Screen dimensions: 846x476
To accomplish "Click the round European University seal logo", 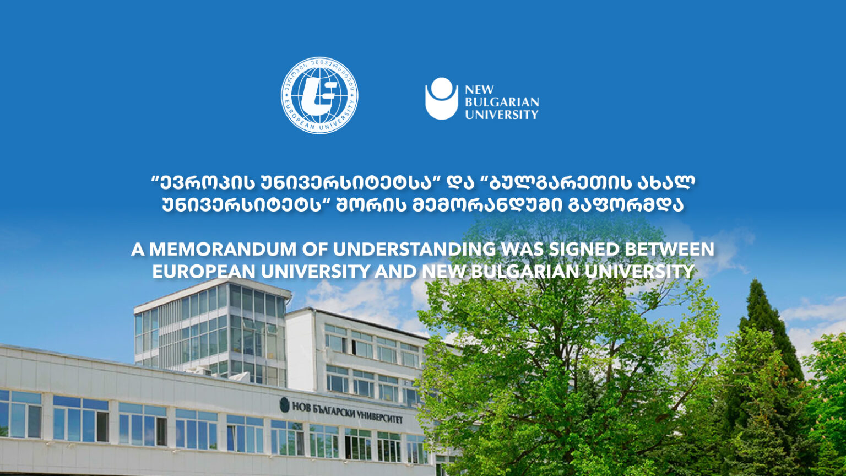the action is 319,95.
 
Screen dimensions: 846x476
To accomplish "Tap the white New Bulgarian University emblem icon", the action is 441,99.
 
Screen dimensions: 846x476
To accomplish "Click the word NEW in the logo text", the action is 479,90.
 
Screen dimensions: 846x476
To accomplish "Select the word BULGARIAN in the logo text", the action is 502,102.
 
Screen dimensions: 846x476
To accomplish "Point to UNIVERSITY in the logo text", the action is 502,115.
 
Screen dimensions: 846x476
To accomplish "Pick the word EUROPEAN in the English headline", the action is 204,271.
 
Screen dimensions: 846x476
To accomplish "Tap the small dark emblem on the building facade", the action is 284,405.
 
